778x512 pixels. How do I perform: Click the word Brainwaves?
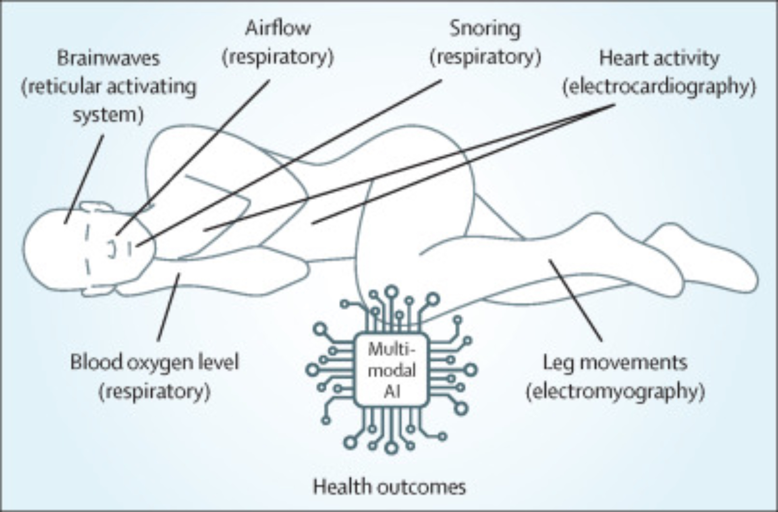tap(109, 58)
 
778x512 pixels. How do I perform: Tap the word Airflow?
tap(278, 28)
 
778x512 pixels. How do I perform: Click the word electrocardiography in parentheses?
tap(659, 86)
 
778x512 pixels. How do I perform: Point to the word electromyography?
tap(615, 391)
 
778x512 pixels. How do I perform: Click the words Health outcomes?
tap(389, 487)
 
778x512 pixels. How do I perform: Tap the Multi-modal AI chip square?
tap(392, 370)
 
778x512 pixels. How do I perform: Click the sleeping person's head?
tap(54, 249)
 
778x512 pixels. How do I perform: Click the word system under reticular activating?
tap(109, 115)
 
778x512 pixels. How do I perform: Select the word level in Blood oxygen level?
tap(221, 362)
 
